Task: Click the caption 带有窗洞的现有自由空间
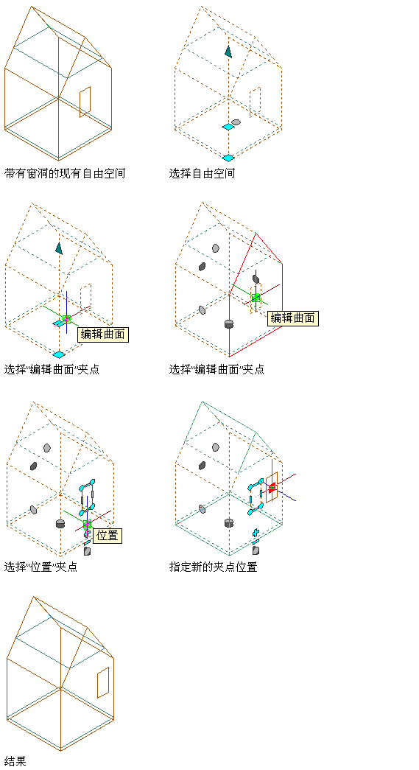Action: (x=65, y=173)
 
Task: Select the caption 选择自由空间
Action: (x=203, y=173)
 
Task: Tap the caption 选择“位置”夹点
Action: (x=41, y=567)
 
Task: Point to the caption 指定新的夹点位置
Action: (x=213, y=567)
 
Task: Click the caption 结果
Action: (x=15, y=761)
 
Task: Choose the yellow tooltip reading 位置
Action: (x=108, y=535)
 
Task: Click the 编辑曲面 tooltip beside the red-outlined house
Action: (x=293, y=318)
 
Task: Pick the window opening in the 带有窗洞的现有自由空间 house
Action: (x=85, y=102)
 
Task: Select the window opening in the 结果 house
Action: (x=103, y=682)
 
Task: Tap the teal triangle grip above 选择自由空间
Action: (x=228, y=52)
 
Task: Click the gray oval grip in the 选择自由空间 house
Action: (x=236, y=122)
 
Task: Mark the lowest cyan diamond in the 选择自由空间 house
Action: (x=228, y=158)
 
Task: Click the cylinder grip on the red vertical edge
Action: (x=228, y=324)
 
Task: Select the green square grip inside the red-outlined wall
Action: (x=256, y=298)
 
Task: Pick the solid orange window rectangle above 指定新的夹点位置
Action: (x=272, y=487)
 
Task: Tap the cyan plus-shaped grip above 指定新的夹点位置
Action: (x=255, y=532)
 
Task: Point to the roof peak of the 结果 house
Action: (x=33, y=597)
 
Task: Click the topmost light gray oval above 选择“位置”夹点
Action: (x=47, y=448)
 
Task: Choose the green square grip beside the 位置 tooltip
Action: (x=88, y=525)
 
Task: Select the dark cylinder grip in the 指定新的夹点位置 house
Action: (x=228, y=523)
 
